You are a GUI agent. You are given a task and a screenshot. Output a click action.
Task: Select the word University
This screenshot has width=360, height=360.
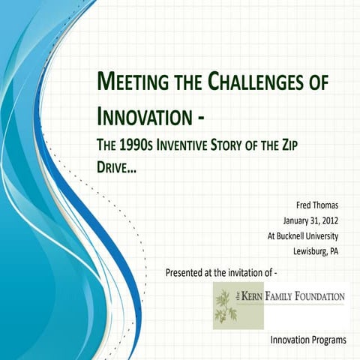pos(324,235)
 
